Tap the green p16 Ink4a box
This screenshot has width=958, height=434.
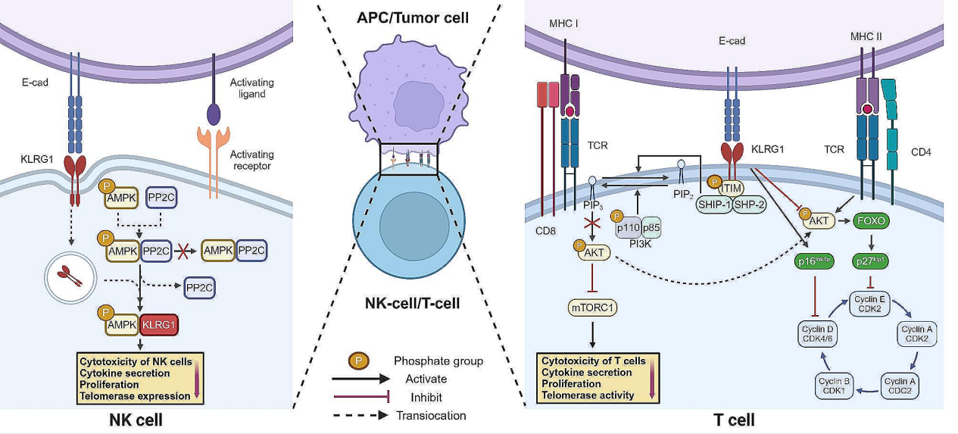click(x=814, y=262)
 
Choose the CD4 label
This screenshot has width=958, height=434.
click(x=922, y=151)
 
